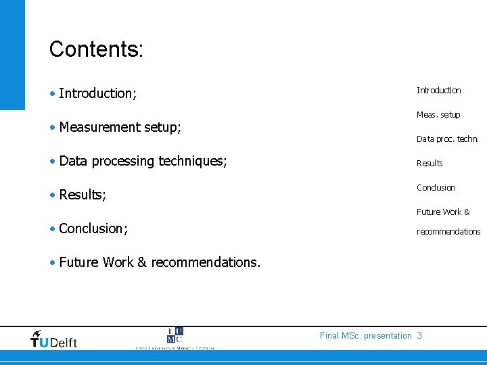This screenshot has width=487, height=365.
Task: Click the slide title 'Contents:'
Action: (x=96, y=49)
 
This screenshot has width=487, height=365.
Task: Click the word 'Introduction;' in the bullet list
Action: (x=97, y=93)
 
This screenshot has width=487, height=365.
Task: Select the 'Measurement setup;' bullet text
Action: (x=120, y=127)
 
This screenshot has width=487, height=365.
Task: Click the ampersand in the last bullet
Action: (x=142, y=262)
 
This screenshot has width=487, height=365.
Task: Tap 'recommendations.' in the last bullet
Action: (x=206, y=262)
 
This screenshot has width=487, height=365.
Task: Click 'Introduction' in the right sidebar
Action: (x=438, y=91)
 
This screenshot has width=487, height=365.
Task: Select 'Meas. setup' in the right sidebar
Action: (x=438, y=115)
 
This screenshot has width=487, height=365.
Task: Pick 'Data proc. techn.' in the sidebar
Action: (x=447, y=139)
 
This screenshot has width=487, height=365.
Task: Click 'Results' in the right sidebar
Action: (x=430, y=164)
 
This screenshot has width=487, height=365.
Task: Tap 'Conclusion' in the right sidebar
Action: (x=436, y=188)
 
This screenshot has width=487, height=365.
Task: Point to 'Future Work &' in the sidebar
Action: (x=443, y=212)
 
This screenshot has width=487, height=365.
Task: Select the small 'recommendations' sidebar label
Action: (x=448, y=232)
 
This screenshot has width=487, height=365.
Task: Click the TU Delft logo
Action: (x=54, y=339)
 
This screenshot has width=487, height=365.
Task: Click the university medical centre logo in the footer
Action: (x=175, y=339)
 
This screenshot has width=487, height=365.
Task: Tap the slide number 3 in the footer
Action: (x=419, y=336)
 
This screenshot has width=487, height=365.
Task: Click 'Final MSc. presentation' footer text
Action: (x=365, y=336)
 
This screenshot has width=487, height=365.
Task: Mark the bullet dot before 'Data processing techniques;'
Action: (x=52, y=162)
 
